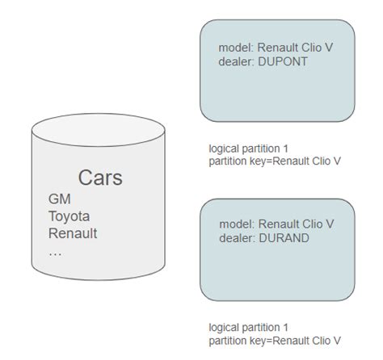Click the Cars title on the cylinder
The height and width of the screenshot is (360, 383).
click(100, 178)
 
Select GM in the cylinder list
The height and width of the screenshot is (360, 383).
click(59, 199)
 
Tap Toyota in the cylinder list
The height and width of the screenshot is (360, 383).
click(69, 216)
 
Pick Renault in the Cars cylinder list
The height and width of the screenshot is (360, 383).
click(73, 233)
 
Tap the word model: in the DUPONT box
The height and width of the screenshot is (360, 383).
click(236, 48)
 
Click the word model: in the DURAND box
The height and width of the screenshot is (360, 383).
click(236, 224)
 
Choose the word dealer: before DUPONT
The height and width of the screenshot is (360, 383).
click(237, 61)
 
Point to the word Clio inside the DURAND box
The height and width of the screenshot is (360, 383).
click(311, 224)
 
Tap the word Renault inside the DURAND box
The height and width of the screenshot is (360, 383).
click(278, 224)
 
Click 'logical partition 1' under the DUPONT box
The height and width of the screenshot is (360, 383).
click(248, 149)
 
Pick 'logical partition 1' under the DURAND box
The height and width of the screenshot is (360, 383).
click(248, 328)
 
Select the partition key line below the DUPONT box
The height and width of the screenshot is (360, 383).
click(274, 161)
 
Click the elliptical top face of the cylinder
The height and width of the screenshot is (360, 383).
click(99, 129)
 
